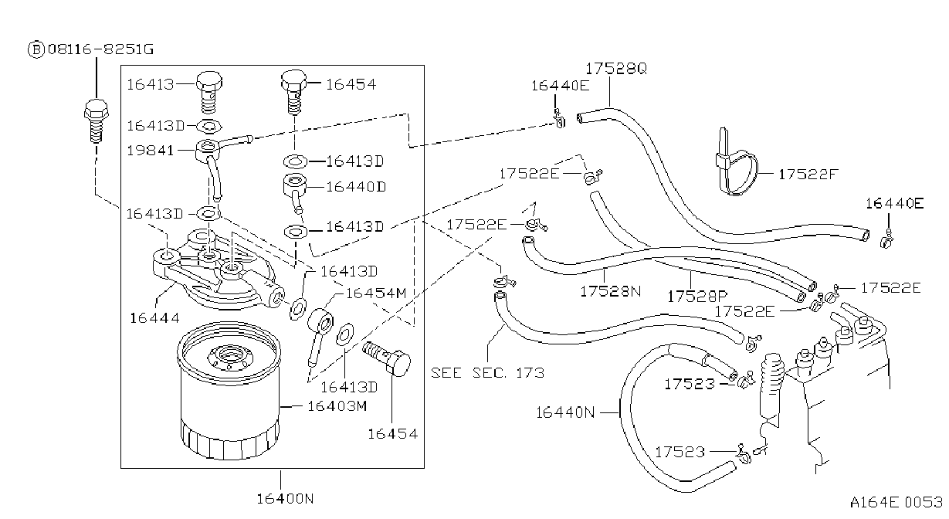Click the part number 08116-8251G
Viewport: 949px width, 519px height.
tap(100, 49)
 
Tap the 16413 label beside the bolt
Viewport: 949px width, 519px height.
tap(151, 84)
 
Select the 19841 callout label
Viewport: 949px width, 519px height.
tap(151, 151)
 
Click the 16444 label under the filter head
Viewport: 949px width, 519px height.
tap(154, 317)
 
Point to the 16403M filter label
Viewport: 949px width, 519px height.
tap(337, 406)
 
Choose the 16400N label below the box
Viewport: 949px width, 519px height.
tap(285, 499)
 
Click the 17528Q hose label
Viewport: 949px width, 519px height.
tap(616, 68)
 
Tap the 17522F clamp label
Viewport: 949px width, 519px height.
tap(808, 174)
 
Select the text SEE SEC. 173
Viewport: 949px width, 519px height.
tap(488, 373)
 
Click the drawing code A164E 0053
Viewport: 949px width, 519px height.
tap(896, 502)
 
